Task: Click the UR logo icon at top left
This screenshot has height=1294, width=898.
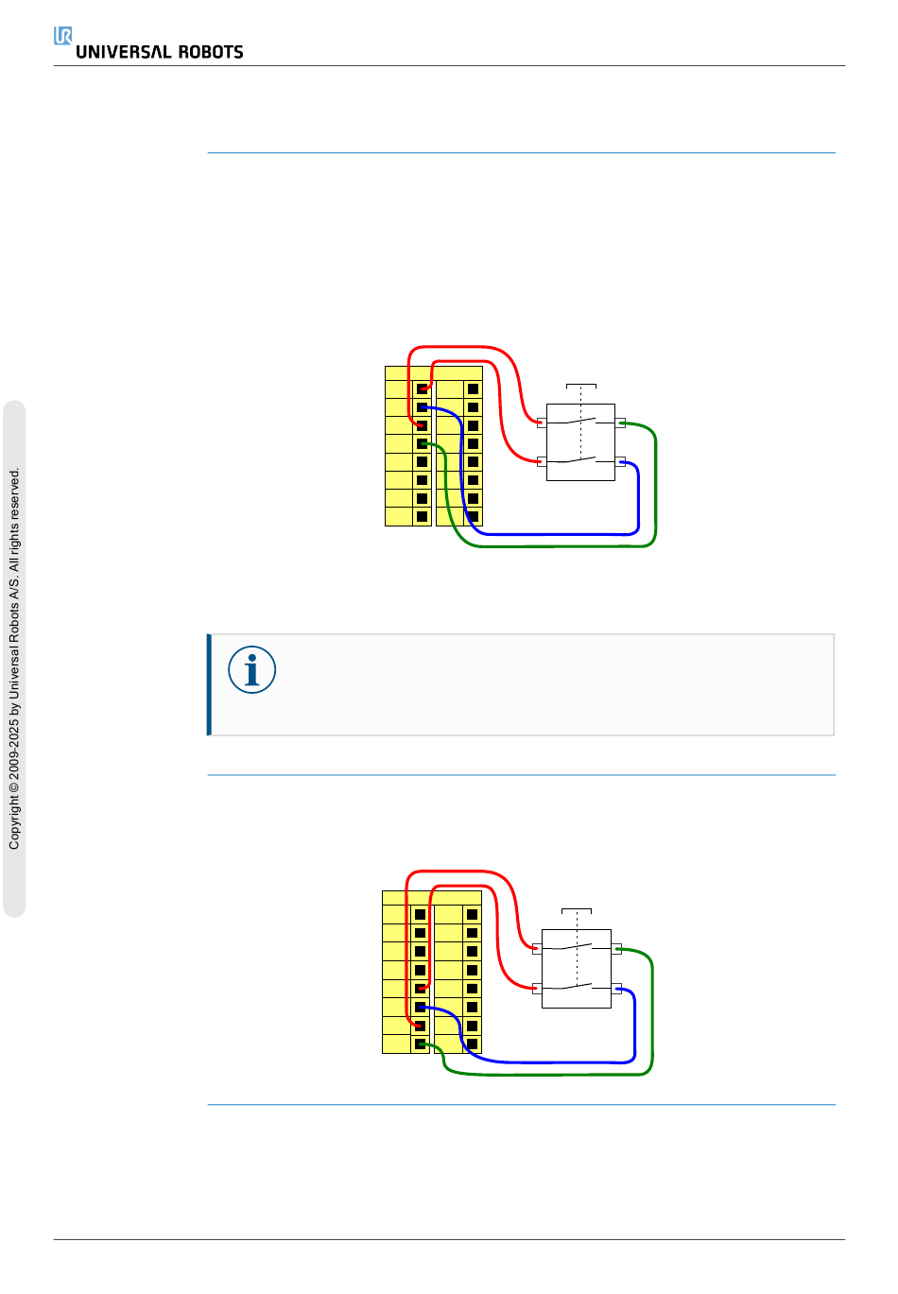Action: (63, 36)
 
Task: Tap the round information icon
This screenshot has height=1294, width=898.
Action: (251, 670)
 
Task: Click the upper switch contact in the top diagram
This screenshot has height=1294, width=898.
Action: (580, 420)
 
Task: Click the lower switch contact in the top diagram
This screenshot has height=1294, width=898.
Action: (580, 460)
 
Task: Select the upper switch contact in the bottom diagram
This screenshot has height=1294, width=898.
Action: (577, 946)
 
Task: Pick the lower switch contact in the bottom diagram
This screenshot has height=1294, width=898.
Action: (577, 987)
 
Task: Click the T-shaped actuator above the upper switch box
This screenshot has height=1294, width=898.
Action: (581, 386)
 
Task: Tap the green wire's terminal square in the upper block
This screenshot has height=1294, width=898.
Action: (422, 443)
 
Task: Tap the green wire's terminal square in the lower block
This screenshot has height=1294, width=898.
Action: (420, 1044)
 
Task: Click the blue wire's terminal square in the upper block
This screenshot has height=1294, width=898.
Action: (422, 407)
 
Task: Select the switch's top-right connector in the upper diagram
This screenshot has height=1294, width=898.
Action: (620, 423)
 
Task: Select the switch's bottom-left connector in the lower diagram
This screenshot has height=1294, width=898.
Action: (537, 989)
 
